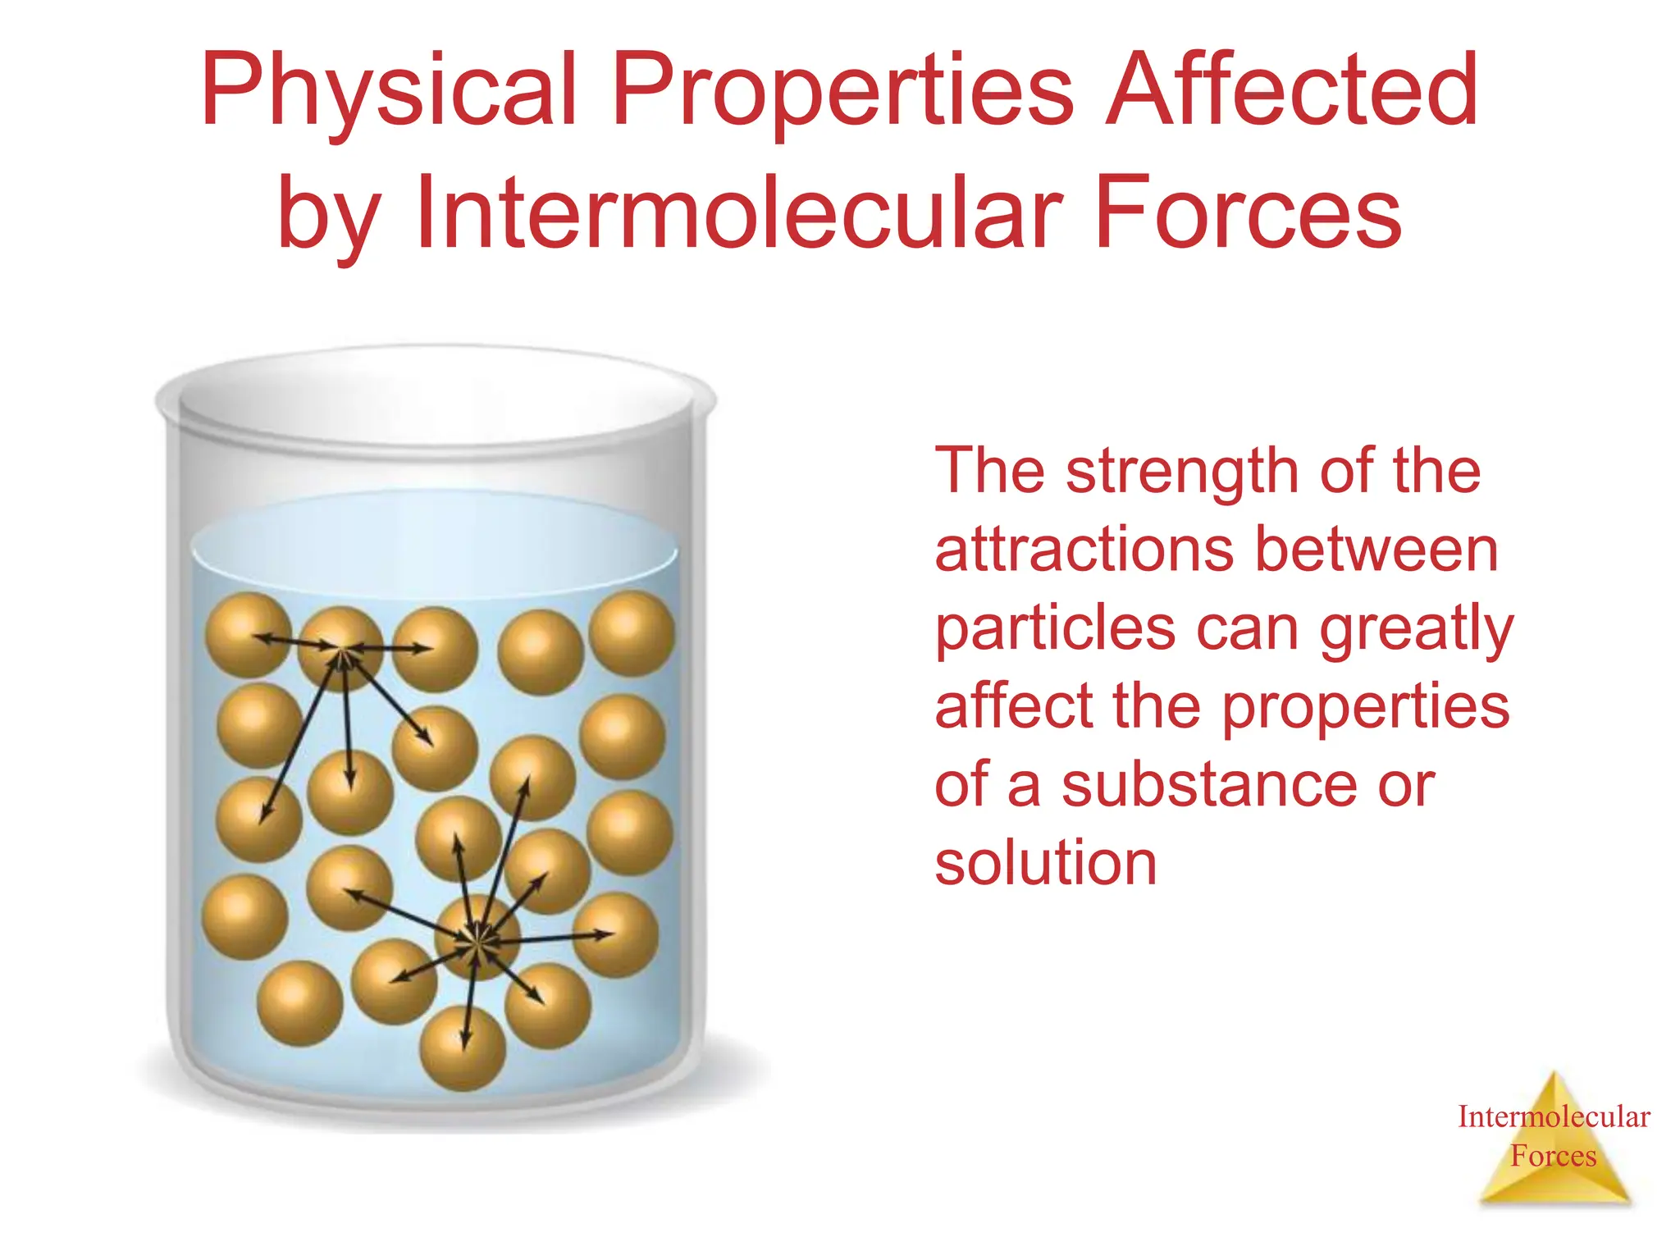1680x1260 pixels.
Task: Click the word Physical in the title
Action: pos(389,90)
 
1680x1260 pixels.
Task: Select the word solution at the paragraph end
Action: pos(1045,863)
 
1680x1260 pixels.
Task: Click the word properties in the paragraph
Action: pos(1365,707)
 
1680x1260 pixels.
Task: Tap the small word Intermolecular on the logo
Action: pos(1553,1117)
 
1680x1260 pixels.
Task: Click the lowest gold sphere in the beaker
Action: pos(463,1048)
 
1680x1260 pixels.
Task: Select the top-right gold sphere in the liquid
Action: pos(632,633)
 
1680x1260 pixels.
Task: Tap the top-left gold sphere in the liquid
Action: pos(248,634)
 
